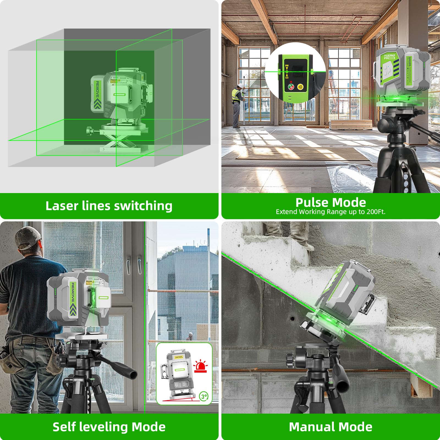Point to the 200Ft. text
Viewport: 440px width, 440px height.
(376, 212)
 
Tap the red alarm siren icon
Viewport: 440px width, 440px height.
(200, 367)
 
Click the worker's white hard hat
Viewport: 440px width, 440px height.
(240, 86)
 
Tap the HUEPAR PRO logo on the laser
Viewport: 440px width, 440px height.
(390, 57)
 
